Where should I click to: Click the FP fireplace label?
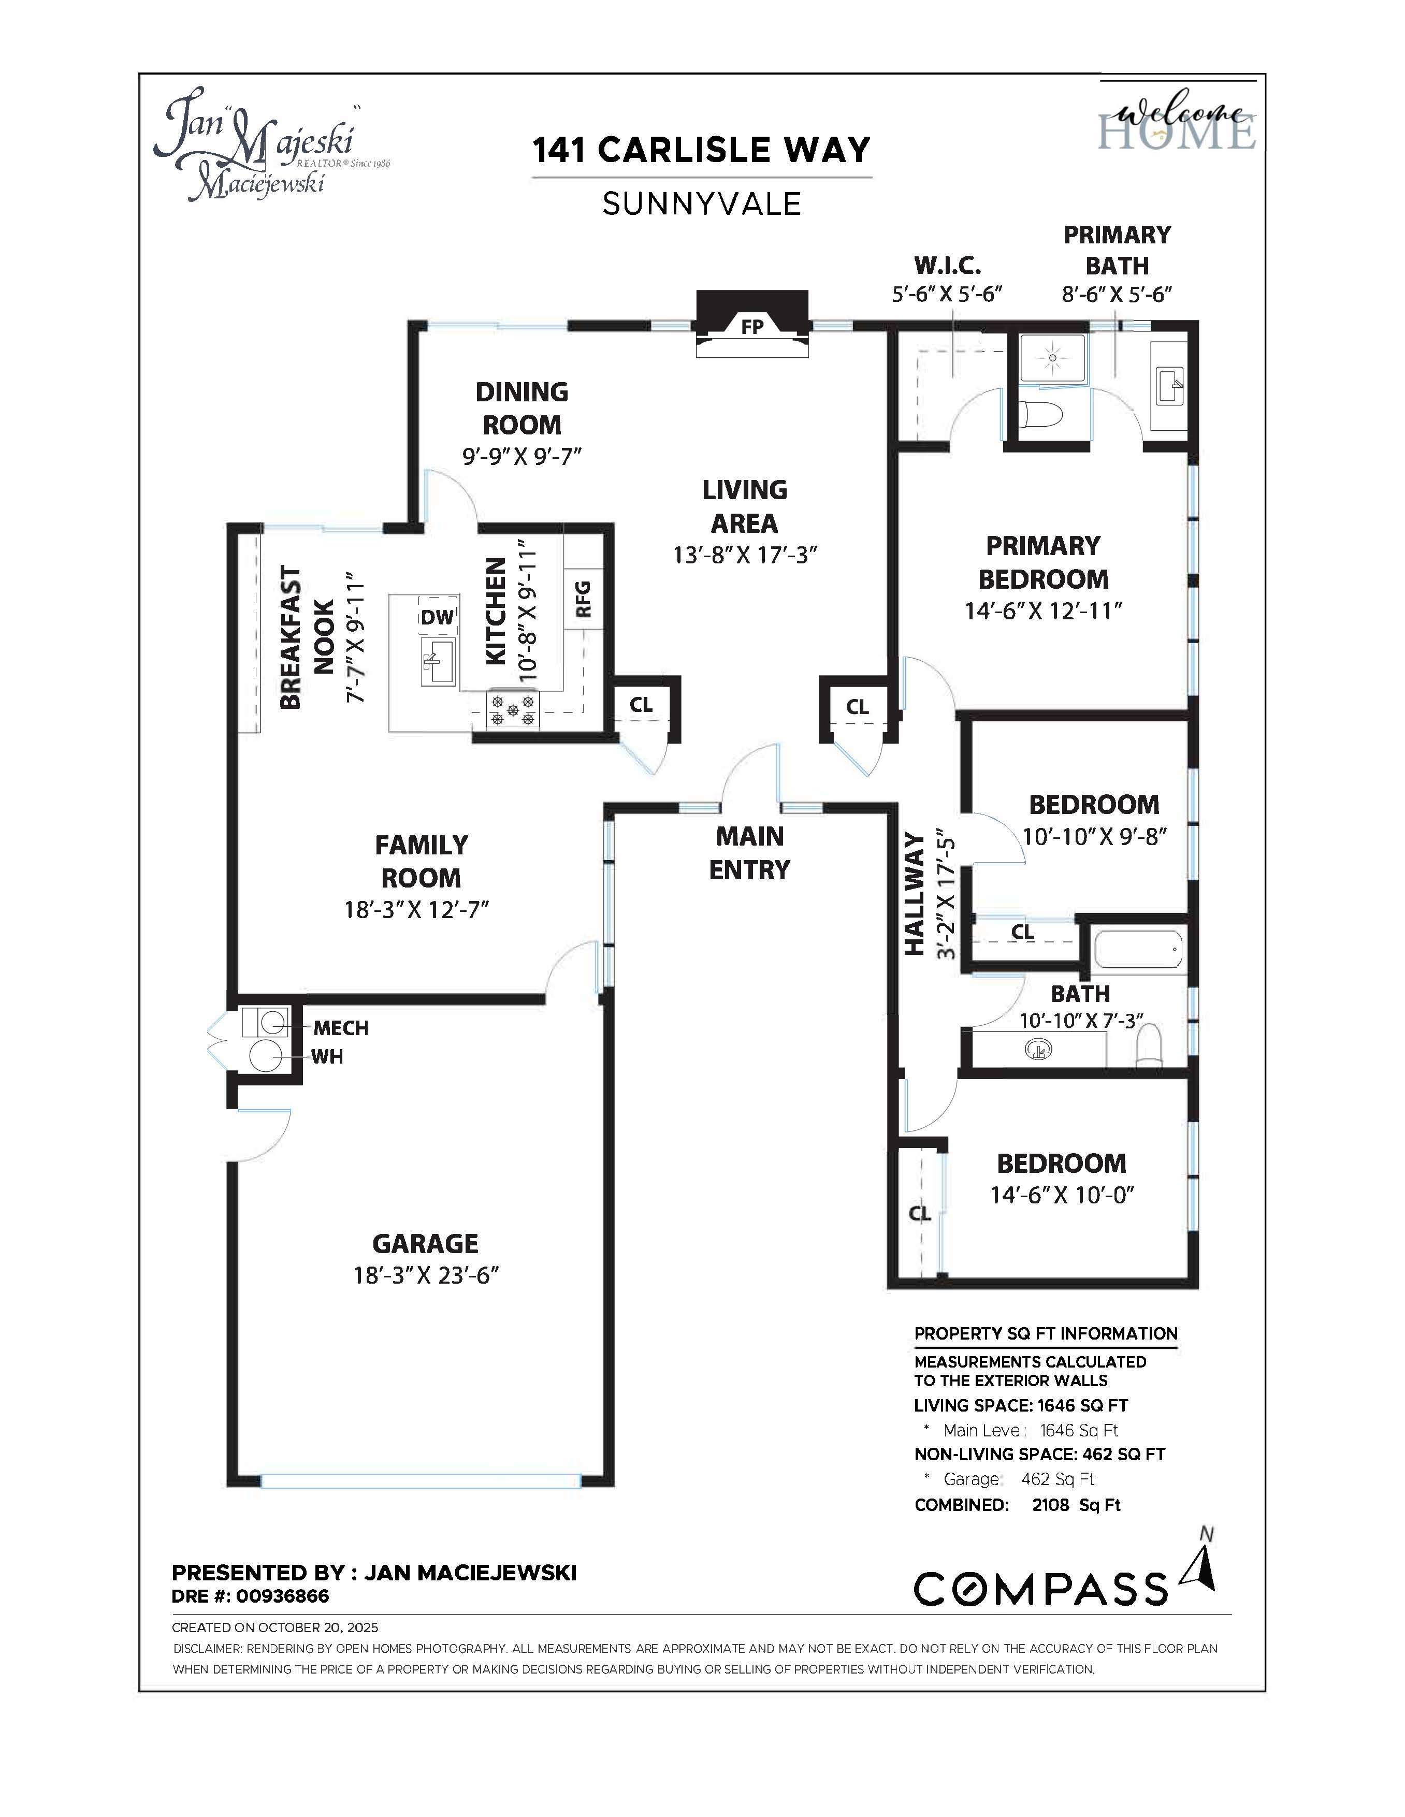point(752,327)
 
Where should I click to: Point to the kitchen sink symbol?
point(438,661)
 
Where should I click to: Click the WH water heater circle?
point(265,1056)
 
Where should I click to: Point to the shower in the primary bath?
point(1052,358)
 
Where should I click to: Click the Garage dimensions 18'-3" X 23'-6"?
point(425,1275)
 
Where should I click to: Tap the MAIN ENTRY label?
point(749,853)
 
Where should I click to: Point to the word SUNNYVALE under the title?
point(701,204)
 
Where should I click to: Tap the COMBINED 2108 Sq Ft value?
point(1076,1505)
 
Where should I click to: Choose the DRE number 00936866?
point(283,1596)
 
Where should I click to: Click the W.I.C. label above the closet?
point(948,266)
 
